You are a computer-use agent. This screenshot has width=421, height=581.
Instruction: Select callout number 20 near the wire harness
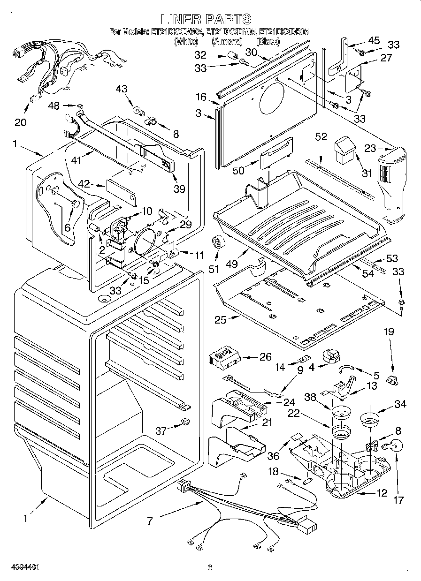click(x=20, y=123)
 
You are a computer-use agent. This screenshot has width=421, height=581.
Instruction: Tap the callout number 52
click(x=321, y=136)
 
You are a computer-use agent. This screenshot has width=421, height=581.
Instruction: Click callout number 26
click(x=265, y=357)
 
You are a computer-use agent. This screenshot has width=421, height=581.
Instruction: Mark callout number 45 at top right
click(x=374, y=41)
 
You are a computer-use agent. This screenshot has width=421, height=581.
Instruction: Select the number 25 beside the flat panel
click(x=220, y=321)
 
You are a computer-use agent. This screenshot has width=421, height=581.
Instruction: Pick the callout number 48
click(x=54, y=106)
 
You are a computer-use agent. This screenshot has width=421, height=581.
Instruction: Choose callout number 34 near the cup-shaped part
click(x=400, y=404)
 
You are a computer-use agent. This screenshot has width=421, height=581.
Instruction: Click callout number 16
click(x=201, y=97)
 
